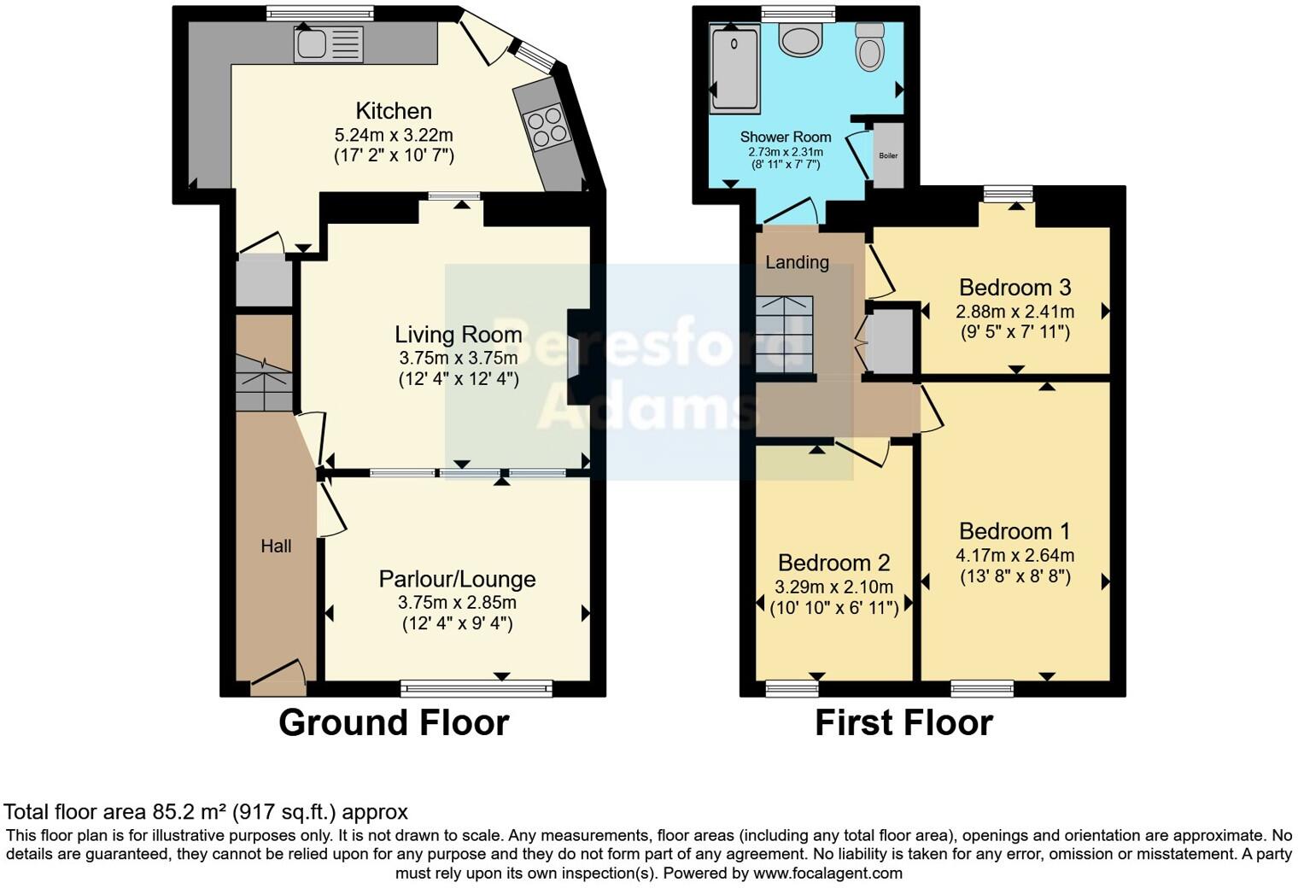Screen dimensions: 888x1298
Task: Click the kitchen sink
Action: tap(328, 44)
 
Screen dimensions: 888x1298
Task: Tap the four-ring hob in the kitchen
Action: tap(547, 126)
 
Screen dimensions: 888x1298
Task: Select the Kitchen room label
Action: tap(394, 111)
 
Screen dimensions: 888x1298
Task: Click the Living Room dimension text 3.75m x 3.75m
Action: tap(458, 358)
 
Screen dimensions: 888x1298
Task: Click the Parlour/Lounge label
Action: tap(457, 579)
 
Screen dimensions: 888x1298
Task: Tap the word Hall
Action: tap(276, 546)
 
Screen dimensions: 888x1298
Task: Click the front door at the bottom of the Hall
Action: tap(278, 675)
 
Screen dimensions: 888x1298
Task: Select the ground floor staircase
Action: tap(264, 385)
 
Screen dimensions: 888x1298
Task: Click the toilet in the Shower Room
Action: tap(869, 46)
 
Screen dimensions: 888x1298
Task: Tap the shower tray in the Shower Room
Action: tap(734, 69)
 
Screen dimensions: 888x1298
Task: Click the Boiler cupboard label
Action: tap(888, 155)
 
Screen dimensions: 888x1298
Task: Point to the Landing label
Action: tap(797, 262)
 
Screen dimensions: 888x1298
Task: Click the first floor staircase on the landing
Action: tap(783, 334)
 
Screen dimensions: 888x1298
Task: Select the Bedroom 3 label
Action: tap(1014, 287)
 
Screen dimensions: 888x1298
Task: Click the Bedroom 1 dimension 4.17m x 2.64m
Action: tap(1014, 556)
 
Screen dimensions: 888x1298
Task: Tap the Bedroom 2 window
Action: tap(792, 688)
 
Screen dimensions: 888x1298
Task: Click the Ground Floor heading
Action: tap(394, 723)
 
